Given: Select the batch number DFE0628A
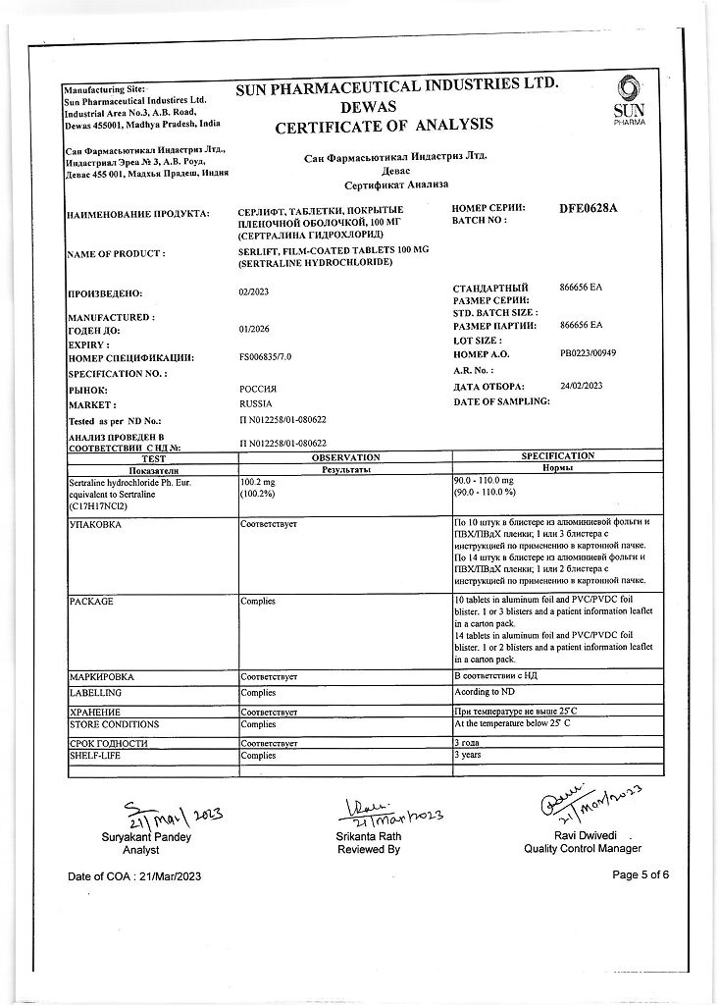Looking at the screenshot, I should (589, 209).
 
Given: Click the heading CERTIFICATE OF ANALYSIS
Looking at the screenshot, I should (384, 125).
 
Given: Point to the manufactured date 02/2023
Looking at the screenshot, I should (254, 292).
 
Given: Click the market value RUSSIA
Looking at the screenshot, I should (257, 403).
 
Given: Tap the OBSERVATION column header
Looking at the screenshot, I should (345, 457).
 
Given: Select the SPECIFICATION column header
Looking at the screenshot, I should (557, 456).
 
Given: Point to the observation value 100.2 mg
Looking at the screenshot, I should (259, 483).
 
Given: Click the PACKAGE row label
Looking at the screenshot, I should (91, 601).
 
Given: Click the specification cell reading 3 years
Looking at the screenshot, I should (469, 757).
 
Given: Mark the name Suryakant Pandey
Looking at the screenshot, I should (146, 837).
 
